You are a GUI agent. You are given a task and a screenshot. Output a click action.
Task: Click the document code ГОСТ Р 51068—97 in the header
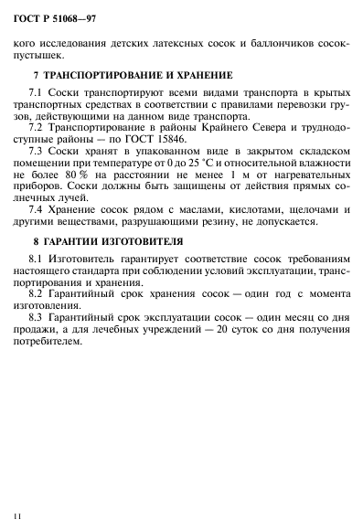coord(52,13)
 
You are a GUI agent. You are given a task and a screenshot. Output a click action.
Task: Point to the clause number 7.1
coord(37,93)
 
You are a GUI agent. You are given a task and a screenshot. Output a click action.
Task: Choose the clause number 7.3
coord(37,149)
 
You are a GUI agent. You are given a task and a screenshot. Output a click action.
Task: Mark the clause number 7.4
coord(37,210)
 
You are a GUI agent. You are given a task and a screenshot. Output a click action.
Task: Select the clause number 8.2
coord(37,296)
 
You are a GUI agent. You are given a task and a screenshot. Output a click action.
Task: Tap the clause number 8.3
coord(37,319)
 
